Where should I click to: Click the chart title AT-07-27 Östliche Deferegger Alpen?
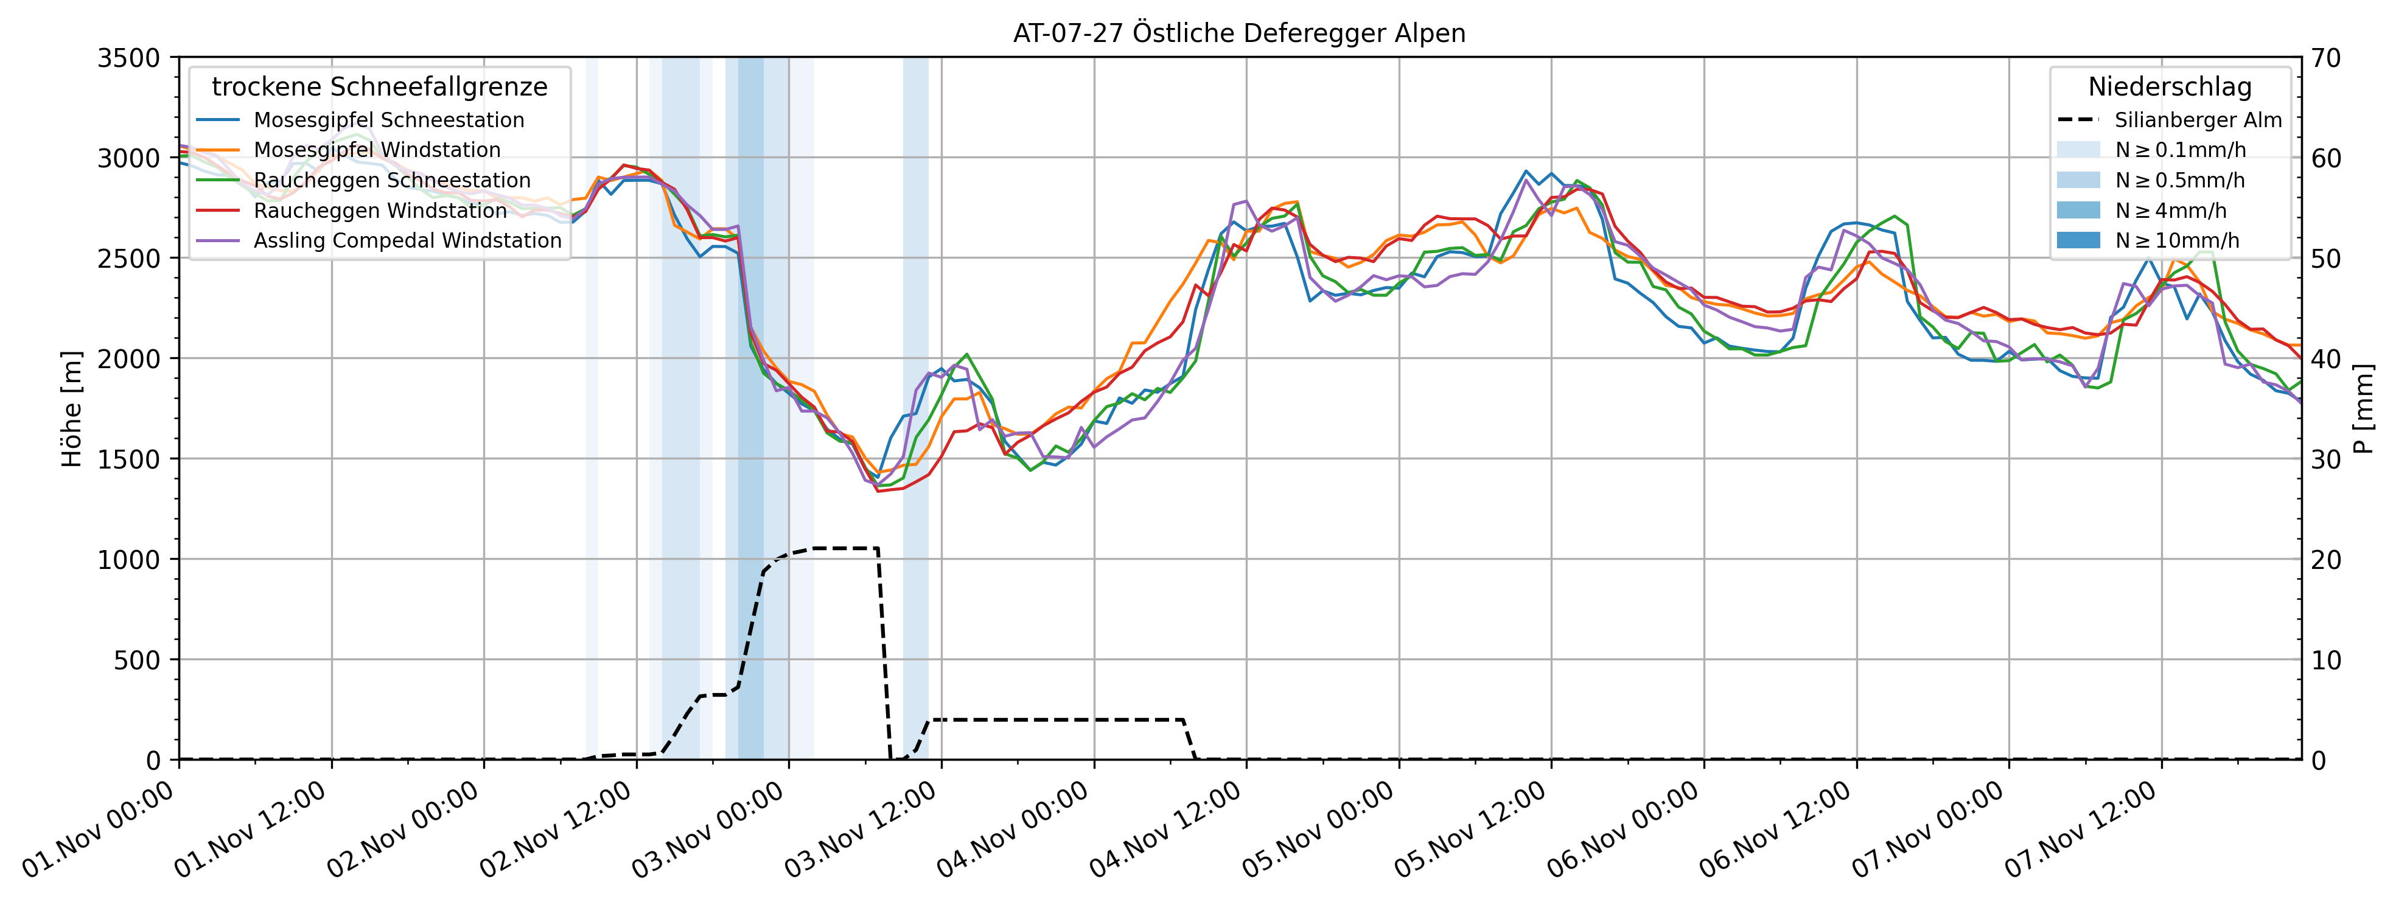pyautogui.click(x=1239, y=33)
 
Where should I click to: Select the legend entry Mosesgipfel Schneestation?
pyautogui.click(x=389, y=120)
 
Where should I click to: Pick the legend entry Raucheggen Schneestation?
pyautogui.click(x=391, y=180)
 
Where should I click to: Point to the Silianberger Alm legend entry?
pyautogui.click(x=2198, y=120)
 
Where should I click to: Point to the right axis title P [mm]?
pyautogui.click(x=2364, y=408)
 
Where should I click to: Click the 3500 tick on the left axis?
pyautogui.click(x=128, y=58)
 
